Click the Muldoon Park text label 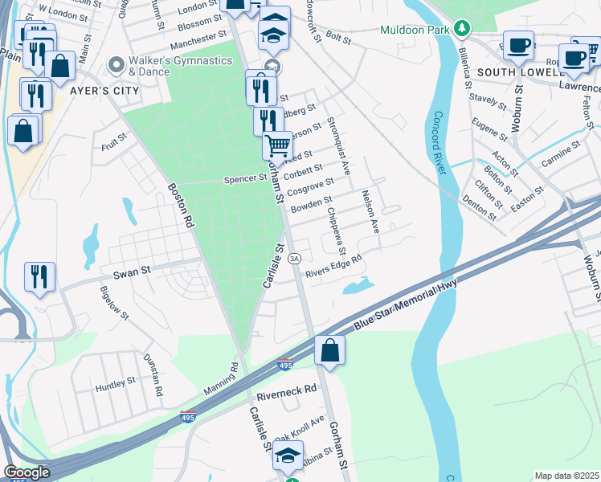pos(415,30)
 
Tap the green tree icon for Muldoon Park pos(461,29)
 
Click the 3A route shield pos(295,258)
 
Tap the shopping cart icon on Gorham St pos(277,146)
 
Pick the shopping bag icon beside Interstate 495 pos(329,349)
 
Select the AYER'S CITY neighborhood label pos(104,91)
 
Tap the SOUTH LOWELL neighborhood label pos(524,71)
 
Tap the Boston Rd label pos(182,206)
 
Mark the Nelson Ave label pos(370,211)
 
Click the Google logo pos(27,472)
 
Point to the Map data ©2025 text pos(566,476)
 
